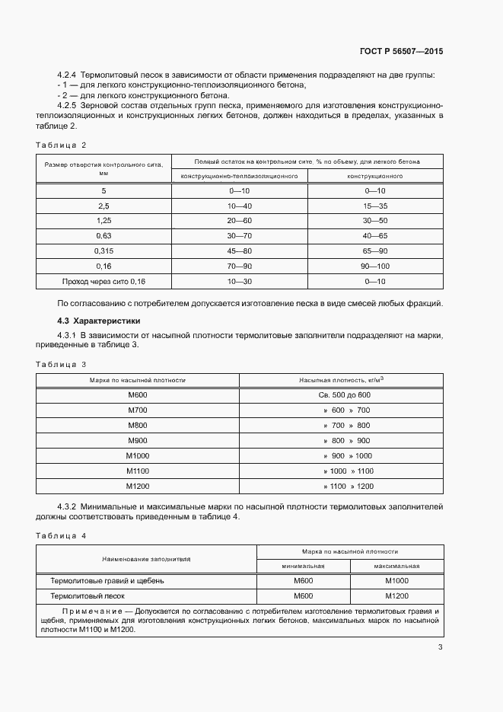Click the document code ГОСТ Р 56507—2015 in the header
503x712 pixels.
coord(400,51)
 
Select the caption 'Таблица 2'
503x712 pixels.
coord(62,145)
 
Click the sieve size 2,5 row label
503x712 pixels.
coord(104,206)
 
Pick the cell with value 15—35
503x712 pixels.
coord(376,206)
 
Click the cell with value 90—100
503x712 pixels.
coord(376,266)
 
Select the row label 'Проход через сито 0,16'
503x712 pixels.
coord(104,281)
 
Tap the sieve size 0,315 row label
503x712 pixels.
coord(104,251)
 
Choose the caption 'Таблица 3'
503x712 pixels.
coord(62,364)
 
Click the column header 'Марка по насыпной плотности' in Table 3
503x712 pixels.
coord(138,380)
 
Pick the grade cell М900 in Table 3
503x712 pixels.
coord(138,441)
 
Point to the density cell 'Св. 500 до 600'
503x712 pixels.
coord(345,394)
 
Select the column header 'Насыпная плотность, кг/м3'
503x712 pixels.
coord(345,380)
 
